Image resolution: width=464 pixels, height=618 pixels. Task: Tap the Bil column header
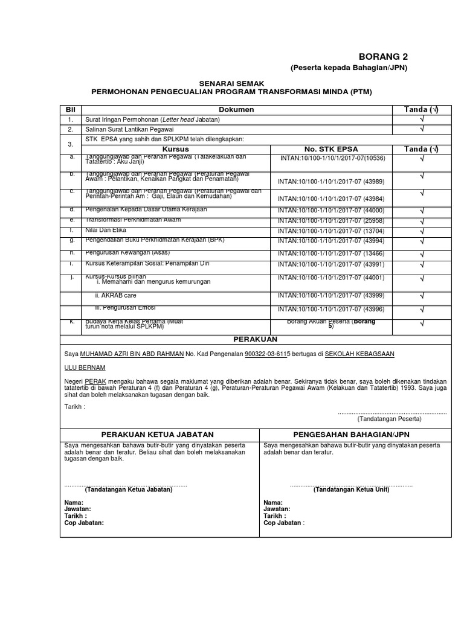(70, 109)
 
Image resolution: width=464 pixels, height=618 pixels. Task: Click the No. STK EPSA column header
(330, 148)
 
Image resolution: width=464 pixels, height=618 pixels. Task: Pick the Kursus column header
(176, 148)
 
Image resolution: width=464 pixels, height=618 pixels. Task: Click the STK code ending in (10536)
(332, 158)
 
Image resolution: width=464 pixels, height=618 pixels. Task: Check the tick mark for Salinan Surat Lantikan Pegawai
(422, 129)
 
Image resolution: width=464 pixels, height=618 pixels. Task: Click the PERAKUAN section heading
(256, 339)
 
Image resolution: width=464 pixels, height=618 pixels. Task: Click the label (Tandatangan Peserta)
(389, 418)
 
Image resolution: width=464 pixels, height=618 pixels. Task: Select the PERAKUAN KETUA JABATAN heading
(158, 435)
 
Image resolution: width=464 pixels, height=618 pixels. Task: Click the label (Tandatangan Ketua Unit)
(351, 489)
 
